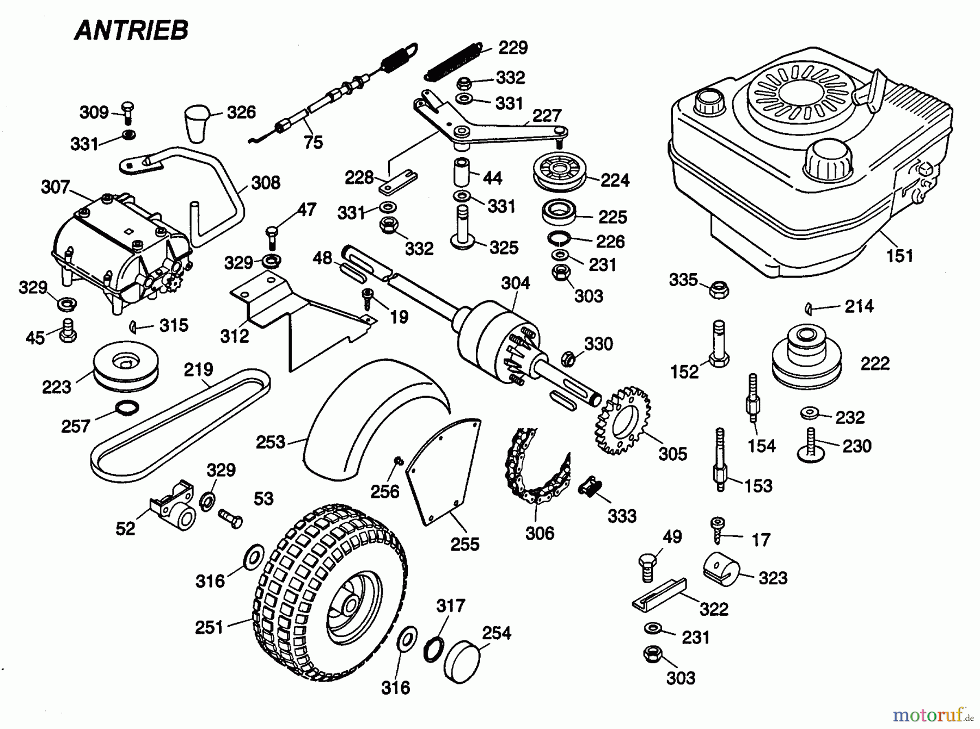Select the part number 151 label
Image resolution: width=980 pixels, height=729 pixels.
pyautogui.click(x=899, y=256)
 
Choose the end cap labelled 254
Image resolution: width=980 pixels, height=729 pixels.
pyautogui.click(x=462, y=660)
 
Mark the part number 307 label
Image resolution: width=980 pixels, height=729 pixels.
pyautogui.click(x=55, y=187)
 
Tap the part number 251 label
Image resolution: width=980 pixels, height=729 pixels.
pyautogui.click(x=209, y=627)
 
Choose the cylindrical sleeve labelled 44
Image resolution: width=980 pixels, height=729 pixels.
pyautogui.click(x=462, y=172)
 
